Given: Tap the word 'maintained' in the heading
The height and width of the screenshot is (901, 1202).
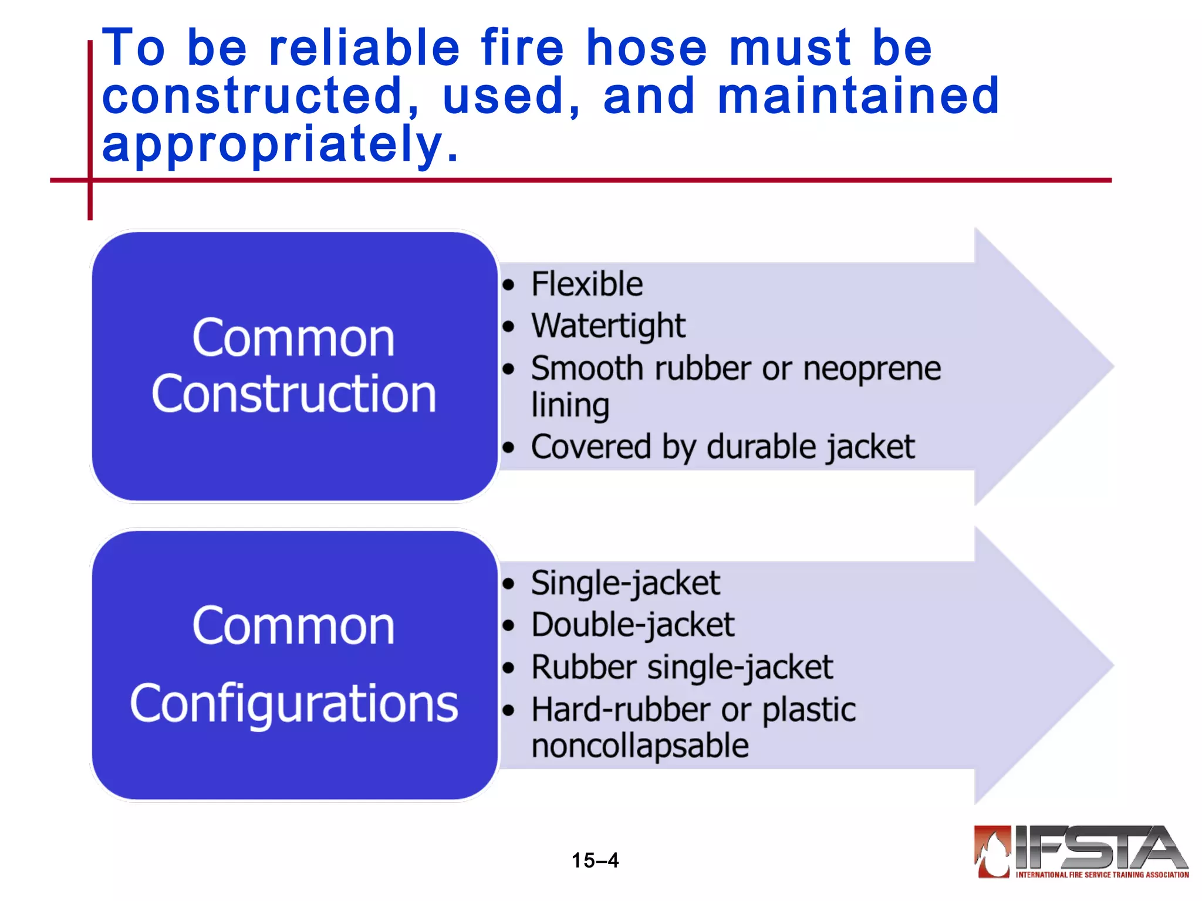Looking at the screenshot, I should point(858,96).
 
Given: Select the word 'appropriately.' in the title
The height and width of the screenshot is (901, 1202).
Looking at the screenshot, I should point(280,144).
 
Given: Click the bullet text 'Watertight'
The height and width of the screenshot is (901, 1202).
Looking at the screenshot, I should point(608,326).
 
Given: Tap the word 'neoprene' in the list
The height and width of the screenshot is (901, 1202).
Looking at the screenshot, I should point(872,369).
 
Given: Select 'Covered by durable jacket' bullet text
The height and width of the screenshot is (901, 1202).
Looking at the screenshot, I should point(722,447).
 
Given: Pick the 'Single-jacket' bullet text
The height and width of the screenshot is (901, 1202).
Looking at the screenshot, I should point(625,584).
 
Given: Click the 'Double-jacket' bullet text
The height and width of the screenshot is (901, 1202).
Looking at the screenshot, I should point(633,625).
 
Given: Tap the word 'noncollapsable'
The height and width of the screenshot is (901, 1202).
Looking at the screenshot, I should point(640,746).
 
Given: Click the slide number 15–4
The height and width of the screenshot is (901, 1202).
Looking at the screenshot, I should point(595,861).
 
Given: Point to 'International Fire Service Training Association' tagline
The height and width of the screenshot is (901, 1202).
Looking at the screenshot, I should point(1102,875).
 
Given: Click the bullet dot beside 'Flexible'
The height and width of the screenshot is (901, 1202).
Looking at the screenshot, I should point(508,286).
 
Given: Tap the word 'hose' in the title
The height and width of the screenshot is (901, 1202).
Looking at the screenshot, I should point(647,48).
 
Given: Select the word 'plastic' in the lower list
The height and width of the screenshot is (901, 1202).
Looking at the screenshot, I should point(809,710).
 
